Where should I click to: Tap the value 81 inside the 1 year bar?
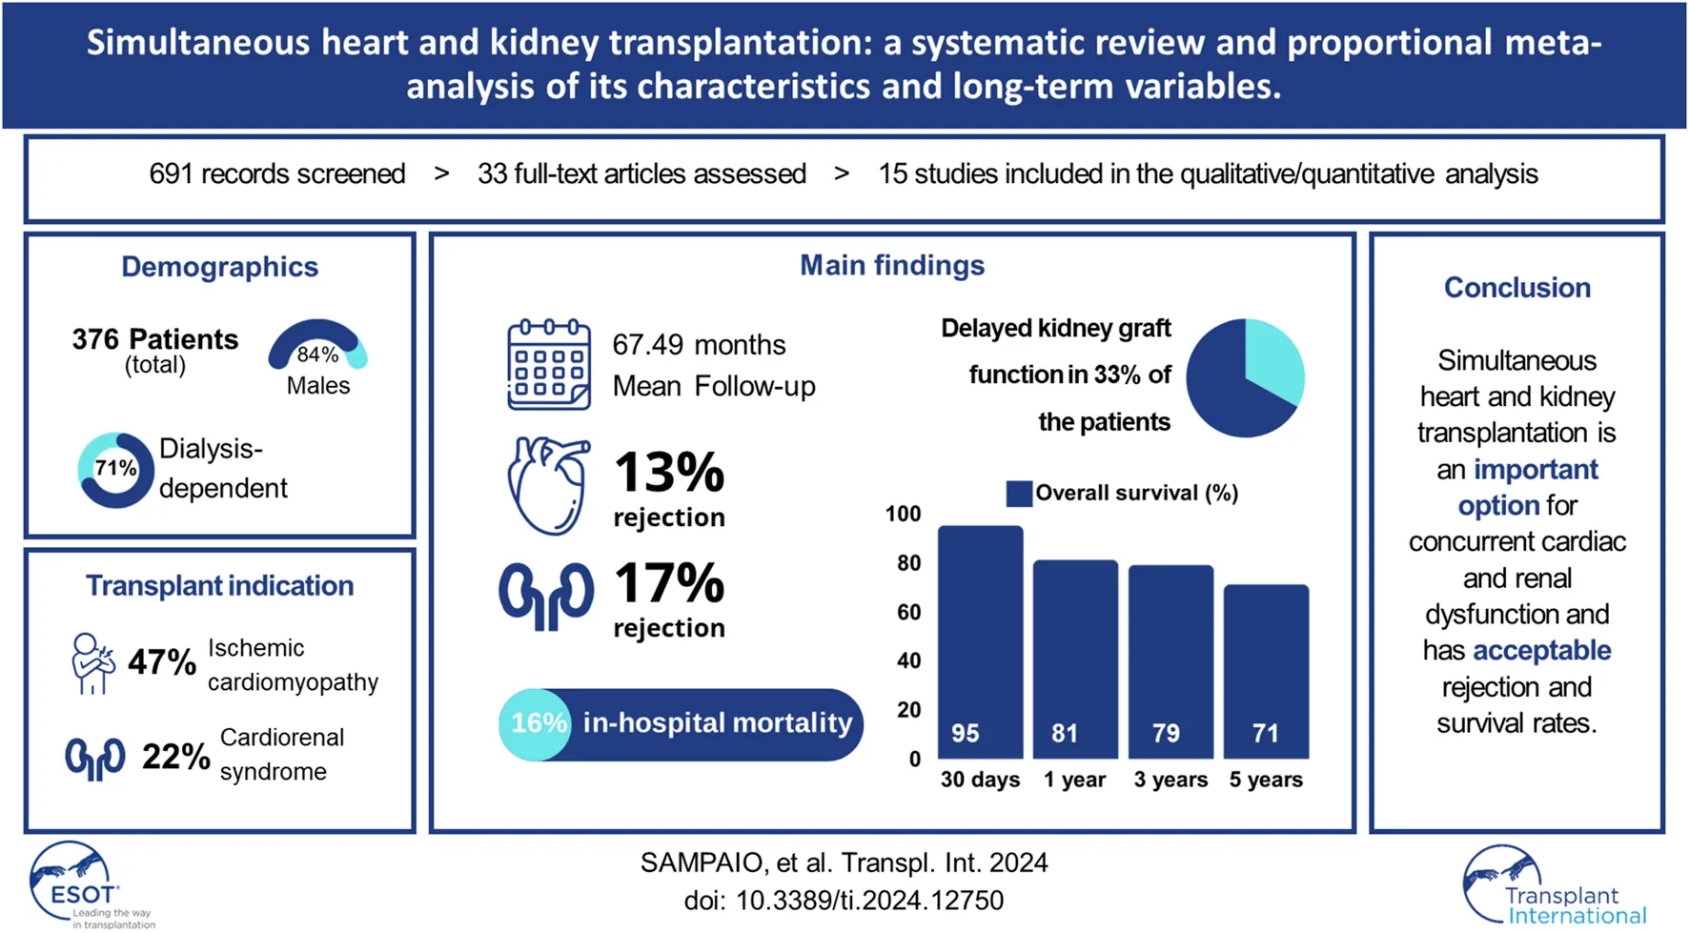pos(1065,733)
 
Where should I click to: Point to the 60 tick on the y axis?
pos(908,612)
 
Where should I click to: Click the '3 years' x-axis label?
pos(1170,780)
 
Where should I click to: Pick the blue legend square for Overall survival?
pos(1019,494)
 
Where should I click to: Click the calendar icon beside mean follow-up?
pos(548,365)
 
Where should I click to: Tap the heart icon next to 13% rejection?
pos(548,486)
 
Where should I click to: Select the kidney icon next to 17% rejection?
pos(546,597)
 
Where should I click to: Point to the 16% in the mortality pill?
pos(539,723)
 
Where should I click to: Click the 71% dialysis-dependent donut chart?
pos(115,469)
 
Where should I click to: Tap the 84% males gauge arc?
pos(317,341)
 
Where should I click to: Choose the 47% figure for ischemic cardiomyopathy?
pos(162,662)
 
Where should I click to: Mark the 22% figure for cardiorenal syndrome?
pos(175,757)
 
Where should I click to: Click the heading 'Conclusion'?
pos(1516,288)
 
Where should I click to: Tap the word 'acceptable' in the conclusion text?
pos(1541,651)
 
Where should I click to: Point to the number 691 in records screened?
pos(171,174)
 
